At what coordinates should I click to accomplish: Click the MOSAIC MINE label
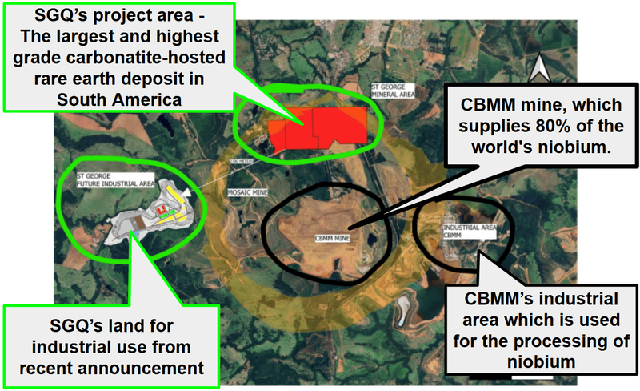[247, 192]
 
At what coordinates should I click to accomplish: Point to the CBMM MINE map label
[333, 238]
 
